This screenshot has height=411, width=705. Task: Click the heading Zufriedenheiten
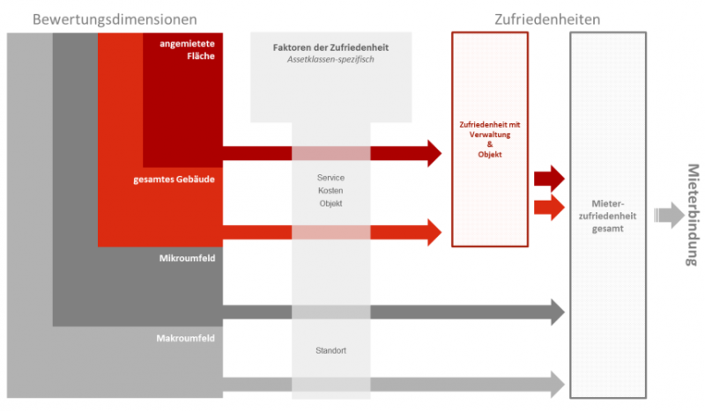(x=547, y=18)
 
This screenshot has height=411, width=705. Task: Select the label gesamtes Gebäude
(x=174, y=179)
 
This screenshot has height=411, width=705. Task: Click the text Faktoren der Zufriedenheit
(x=330, y=47)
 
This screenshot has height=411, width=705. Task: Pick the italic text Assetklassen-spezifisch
(x=330, y=60)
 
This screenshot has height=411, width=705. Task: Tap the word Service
(x=330, y=178)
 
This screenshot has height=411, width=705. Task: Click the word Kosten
(x=330, y=191)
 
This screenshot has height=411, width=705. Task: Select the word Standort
(x=330, y=350)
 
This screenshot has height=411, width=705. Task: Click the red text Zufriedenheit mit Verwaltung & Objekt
(x=490, y=139)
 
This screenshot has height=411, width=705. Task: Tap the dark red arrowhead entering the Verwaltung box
(x=432, y=153)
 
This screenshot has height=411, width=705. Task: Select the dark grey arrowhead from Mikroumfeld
(x=556, y=311)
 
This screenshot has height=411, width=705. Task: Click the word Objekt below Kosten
(x=330, y=204)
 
